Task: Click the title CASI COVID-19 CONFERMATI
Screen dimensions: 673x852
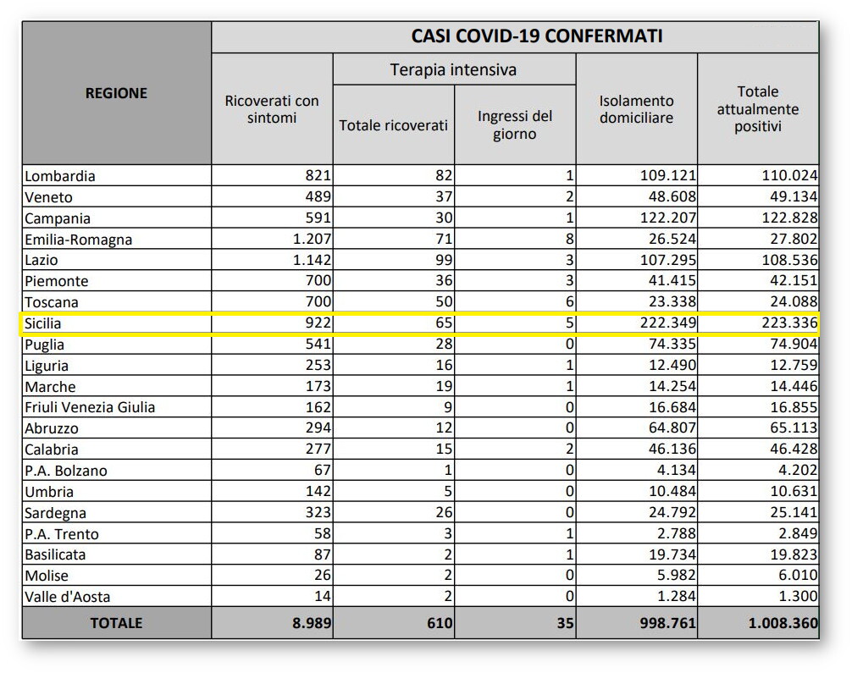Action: (537, 36)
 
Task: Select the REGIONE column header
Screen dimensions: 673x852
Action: (116, 93)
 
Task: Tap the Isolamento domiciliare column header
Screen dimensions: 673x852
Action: (636, 109)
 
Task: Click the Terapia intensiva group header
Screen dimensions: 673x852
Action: (453, 69)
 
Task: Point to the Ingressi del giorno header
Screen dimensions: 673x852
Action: (514, 124)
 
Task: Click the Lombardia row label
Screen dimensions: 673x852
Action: (60, 176)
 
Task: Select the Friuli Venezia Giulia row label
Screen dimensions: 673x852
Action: (90, 407)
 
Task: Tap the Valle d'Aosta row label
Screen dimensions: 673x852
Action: (68, 597)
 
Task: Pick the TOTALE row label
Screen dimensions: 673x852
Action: (116, 623)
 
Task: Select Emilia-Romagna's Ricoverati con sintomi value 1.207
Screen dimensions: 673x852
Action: (309, 240)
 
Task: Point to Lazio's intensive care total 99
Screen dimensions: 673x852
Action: (442, 260)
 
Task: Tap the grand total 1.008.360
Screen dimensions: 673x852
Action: (783, 624)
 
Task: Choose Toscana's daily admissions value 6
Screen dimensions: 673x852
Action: (569, 302)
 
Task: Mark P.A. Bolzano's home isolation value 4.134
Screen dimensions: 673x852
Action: (673, 471)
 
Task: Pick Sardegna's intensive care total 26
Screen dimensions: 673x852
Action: (442, 513)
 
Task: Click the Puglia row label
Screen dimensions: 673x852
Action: (44, 345)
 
